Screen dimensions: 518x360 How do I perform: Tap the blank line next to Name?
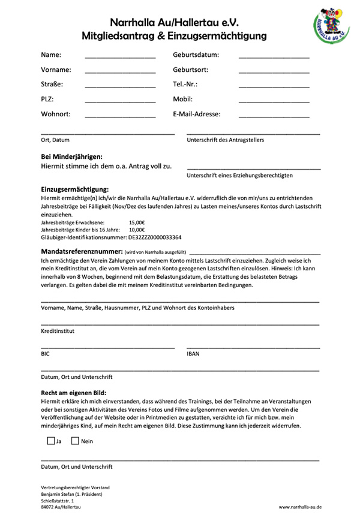120,56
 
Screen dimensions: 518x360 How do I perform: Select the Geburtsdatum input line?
274,56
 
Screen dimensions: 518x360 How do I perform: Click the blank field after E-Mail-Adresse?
274,115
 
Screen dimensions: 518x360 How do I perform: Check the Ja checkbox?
50,441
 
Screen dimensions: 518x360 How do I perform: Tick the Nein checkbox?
75,441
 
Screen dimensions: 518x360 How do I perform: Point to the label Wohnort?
56,114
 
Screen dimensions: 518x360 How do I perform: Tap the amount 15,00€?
137,222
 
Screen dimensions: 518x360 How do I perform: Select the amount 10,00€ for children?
137,230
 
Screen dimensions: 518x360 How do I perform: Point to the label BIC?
46,354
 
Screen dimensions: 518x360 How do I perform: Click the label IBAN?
193,354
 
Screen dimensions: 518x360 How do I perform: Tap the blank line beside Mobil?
274,100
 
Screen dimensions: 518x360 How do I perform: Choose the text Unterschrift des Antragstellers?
226,140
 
